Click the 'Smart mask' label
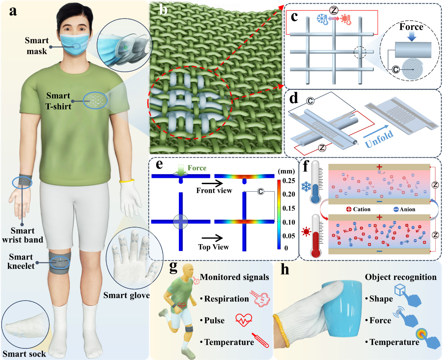(37, 46)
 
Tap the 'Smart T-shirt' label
(58, 101)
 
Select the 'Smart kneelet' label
(21, 261)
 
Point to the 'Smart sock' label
(24, 354)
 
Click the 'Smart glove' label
(126, 295)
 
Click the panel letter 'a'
(13, 11)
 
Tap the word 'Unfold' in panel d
(379, 139)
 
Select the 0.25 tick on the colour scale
(289, 181)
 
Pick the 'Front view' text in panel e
(214, 190)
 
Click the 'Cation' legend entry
(358, 209)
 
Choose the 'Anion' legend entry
(404, 209)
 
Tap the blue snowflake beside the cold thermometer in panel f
(306, 186)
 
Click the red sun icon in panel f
(306, 231)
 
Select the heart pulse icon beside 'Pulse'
(244, 320)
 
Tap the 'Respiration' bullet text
(226, 299)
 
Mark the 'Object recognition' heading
(401, 277)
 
